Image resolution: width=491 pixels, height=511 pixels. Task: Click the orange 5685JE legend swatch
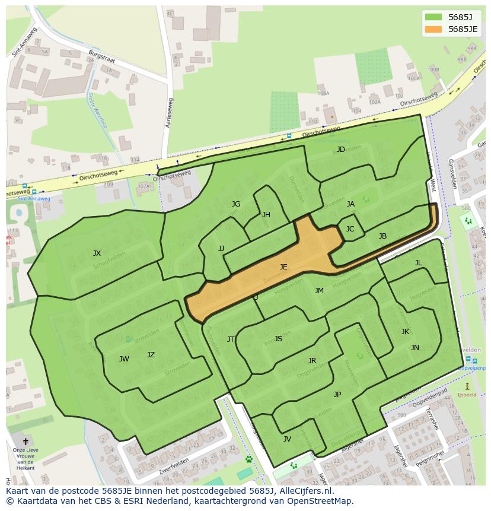[434, 29]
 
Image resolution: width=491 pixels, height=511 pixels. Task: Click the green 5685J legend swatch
[434, 17]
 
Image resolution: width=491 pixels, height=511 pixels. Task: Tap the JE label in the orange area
[283, 267]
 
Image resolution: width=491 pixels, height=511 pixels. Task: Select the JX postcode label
[97, 253]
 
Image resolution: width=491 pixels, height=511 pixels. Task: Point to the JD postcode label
[341, 150]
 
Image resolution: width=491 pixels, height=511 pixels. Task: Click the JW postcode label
[124, 359]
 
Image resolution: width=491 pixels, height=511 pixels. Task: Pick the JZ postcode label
[151, 355]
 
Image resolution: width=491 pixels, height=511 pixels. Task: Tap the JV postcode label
[287, 439]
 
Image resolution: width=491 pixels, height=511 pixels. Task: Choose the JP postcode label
[337, 394]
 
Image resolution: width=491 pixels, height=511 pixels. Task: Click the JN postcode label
[415, 348]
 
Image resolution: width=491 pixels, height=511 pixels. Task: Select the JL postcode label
[418, 263]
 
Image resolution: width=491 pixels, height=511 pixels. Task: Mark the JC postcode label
[350, 229]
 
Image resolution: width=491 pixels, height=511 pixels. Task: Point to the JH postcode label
[266, 215]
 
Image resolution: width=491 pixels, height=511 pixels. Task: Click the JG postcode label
[236, 204]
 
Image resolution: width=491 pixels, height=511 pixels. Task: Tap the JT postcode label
[231, 339]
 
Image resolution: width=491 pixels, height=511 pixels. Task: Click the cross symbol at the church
[25, 442]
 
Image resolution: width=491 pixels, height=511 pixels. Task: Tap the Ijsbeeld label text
[467, 395]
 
